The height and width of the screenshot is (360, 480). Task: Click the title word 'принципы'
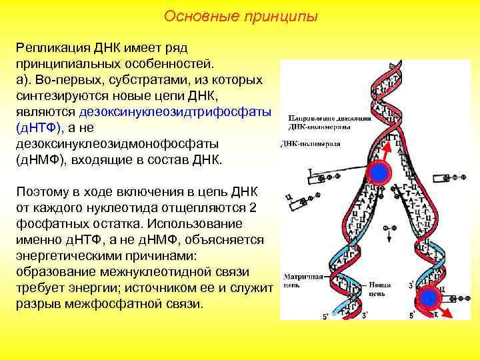pyautogui.click(x=279, y=15)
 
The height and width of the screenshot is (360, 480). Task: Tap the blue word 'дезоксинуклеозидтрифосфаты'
pyautogui.click(x=175, y=112)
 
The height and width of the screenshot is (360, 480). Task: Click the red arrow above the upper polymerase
pyautogui.click(x=383, y=153)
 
